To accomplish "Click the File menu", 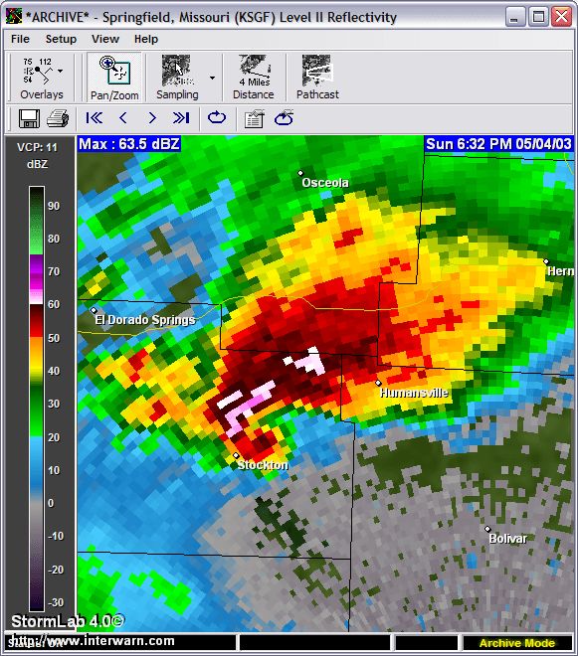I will (x=20, y=39).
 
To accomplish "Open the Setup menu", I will (x=61, y=39).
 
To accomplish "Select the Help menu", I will (x=146, y=39).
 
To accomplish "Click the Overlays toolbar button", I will (x=42, y=78).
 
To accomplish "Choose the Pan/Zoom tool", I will (x=114, y=78).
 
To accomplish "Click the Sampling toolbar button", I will (x=177, y=78).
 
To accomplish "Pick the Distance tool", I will (x=254, y=78).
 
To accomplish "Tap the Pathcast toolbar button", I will (x=317, y=78).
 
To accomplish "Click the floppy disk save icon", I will (x=28, y=118).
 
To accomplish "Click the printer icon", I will (x=57, y=118).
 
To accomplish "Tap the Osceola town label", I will (x=325, y=183).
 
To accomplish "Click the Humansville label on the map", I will (x=414, y=394).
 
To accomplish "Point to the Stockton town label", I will (x=263, y=465).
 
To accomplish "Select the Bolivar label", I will (x=507, y=539).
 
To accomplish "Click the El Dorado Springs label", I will (x=144, y=320).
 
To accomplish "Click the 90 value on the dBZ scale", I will (x=54, y=206).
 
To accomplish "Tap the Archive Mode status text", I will (x=517, y=643).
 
